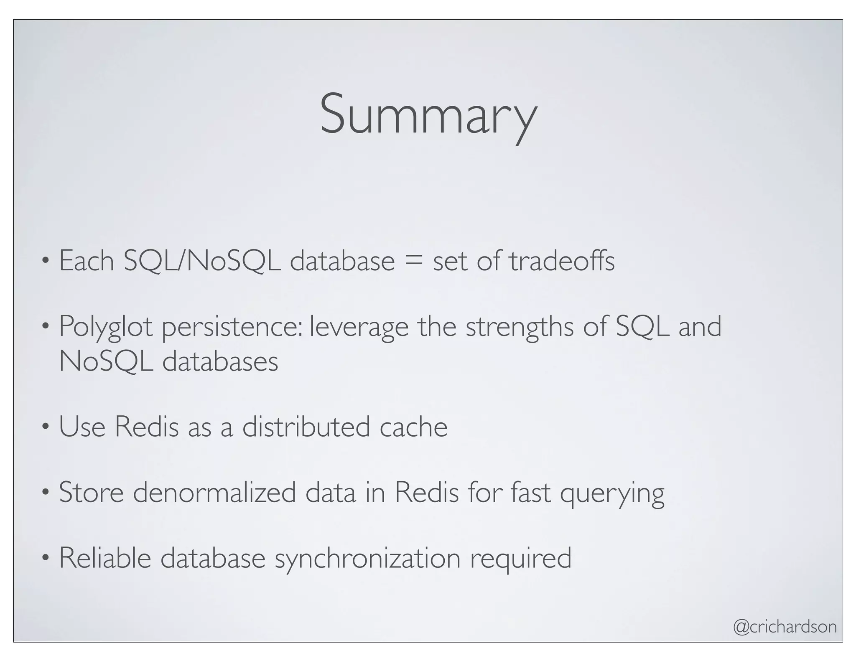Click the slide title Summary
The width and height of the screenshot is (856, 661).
click(x=428, y=115)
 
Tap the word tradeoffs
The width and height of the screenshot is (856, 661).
click(x=562, y=261)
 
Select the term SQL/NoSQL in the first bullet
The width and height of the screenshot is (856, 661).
click(x=202, y=261)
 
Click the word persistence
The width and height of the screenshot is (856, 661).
click(x=232, y=327)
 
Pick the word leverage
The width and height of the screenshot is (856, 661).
click(x=359, y=327)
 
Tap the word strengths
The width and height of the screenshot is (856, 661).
click(x=520, y=327)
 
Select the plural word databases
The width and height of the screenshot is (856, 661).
click(x=220, y=361)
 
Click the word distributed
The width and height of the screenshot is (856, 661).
click(x=306, y=427)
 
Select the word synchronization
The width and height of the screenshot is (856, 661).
click(x=367, y=559)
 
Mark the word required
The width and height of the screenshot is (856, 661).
click(x=521, y=559)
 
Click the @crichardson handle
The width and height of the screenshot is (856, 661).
click(x=785, y=627)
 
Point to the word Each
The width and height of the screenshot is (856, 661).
click(x=87, y=261)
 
